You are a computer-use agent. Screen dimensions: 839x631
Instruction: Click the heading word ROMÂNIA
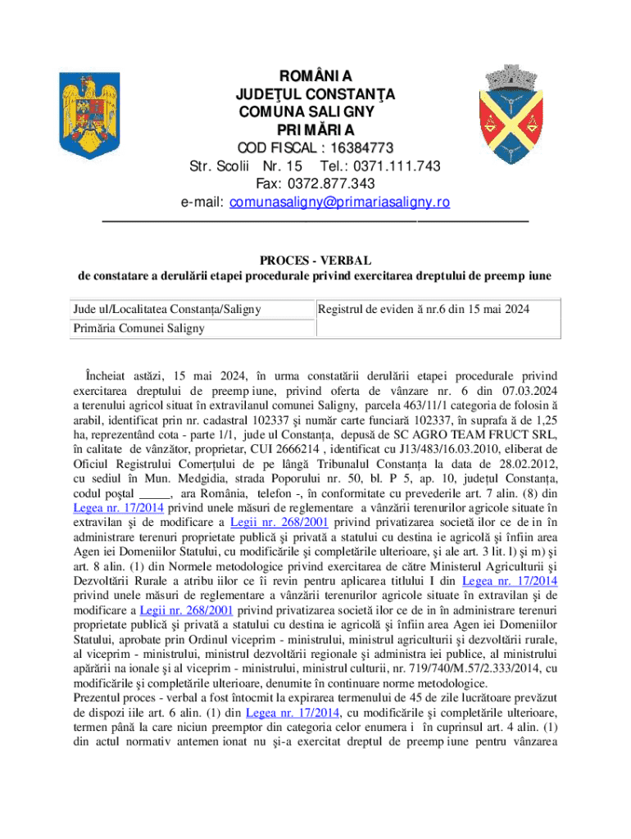(x=315, y=77)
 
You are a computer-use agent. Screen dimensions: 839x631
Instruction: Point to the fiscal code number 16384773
(x=355, y=148)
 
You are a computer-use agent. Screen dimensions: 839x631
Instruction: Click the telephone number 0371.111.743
(x=392, y=166)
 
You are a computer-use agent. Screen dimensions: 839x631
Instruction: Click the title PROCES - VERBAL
(x=315, y=260)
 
